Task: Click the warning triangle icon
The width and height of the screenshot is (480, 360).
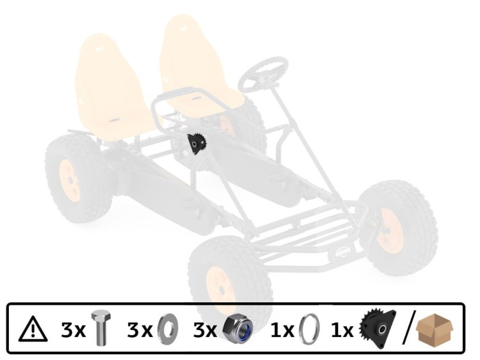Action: pos(33,329)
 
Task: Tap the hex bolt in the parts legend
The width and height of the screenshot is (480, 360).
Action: pos(101,328)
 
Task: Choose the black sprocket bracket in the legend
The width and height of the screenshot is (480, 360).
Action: pos(378,329)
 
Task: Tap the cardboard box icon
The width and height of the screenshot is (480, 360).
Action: pos(435,329)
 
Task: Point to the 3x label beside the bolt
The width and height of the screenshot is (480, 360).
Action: pos(73,330)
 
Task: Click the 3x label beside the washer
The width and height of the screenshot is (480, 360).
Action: pos(140,330)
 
